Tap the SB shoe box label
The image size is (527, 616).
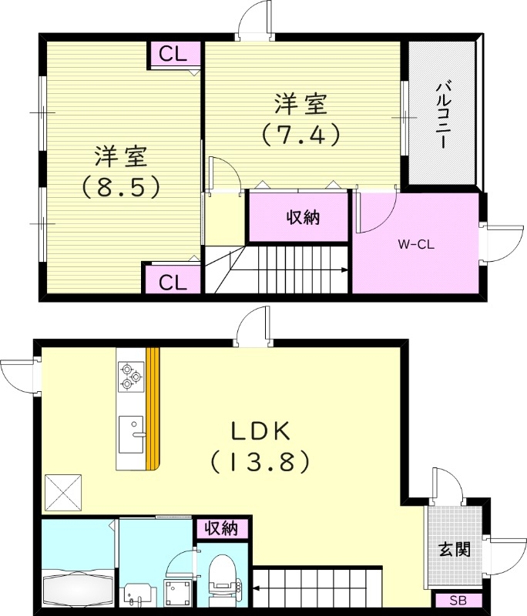pyautogui.click(x=457, y=601)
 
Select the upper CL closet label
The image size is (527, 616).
pyautogui.click(x=174, y=55)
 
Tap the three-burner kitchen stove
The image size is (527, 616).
pyautogui.click(x=130, y=377)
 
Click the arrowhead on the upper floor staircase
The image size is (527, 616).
pyautogui.click(x=344, y=270)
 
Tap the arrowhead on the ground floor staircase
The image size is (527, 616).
pyautogui.click(x=255, y=591)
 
